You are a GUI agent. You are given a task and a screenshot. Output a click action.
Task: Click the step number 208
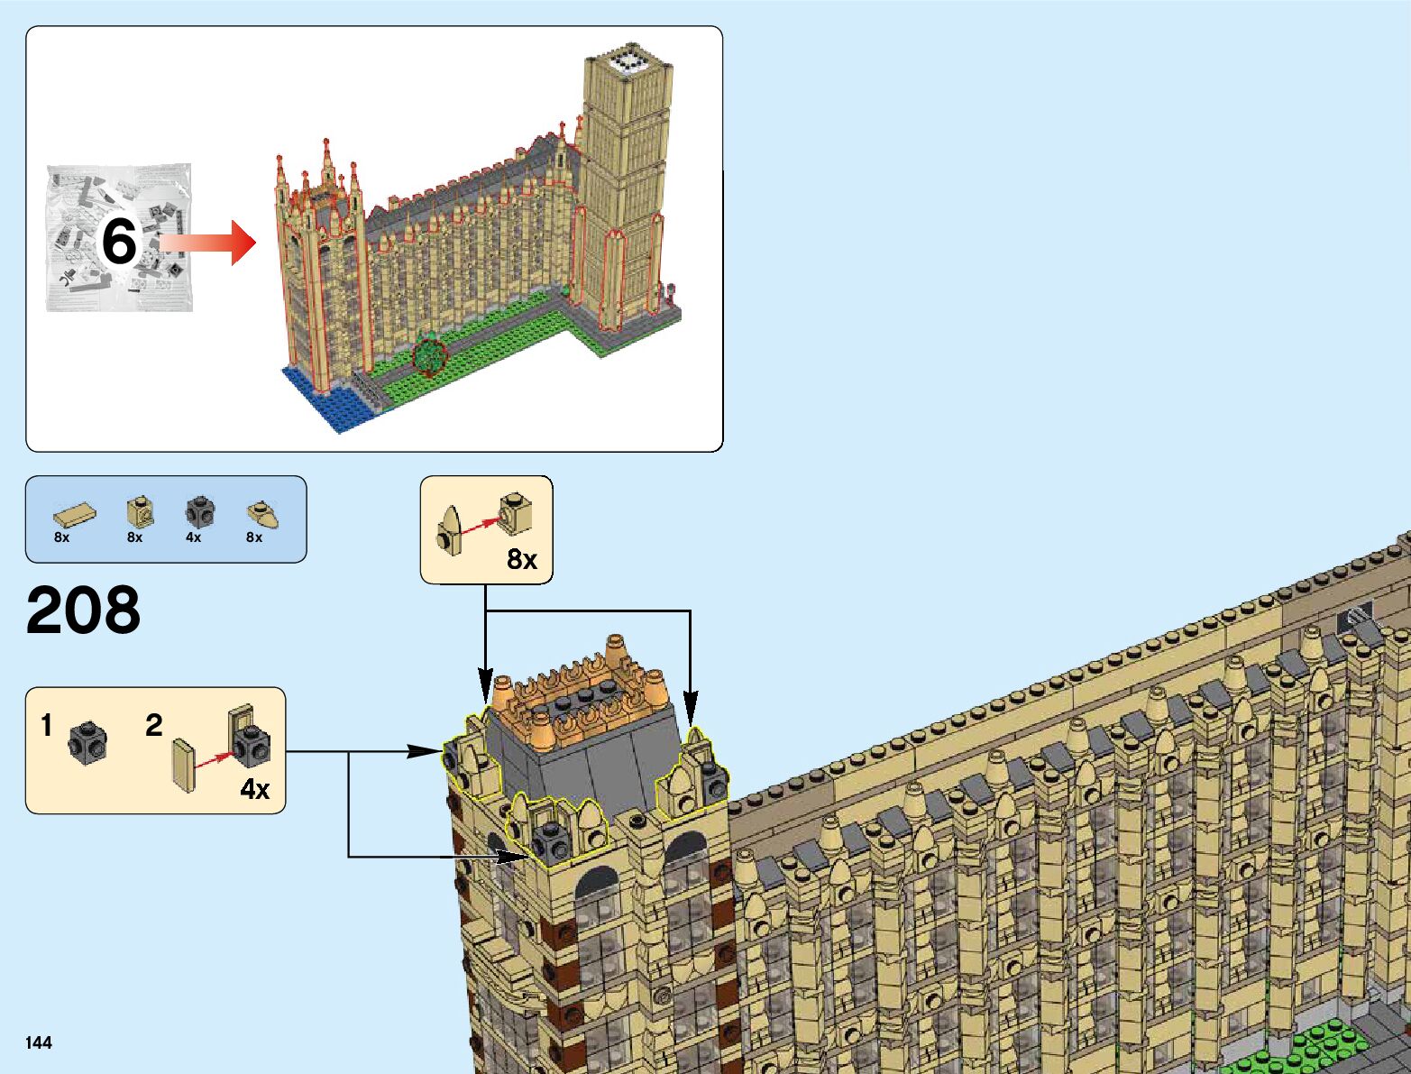83,610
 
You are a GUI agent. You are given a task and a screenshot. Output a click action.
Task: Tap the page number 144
39,1042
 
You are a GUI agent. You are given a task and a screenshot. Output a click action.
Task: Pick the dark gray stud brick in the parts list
199,512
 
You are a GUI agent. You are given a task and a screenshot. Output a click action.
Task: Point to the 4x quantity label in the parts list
193,537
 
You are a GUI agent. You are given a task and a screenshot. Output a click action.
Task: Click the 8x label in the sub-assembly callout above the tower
521,560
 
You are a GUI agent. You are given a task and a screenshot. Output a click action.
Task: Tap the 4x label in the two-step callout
254,790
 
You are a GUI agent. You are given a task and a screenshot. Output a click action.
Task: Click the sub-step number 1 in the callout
47,725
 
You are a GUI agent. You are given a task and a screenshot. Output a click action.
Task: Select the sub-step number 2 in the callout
154,725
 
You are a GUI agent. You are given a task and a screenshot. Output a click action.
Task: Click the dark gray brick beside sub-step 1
88,741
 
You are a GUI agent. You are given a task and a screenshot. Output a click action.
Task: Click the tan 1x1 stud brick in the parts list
139,511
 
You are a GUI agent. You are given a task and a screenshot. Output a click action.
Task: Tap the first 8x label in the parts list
61,537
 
